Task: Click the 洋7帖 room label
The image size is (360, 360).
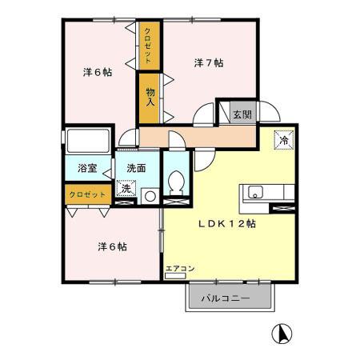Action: point(209,62)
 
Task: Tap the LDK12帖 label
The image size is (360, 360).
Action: point(228,225)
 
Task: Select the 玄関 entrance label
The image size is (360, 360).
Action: point(242,114)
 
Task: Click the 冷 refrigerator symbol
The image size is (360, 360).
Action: point(282,139)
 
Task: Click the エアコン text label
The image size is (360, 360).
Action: point(180,267)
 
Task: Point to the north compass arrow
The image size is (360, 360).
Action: point(282,331)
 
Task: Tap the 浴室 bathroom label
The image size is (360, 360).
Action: point(87,169)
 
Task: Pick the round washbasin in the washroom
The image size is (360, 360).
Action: point(149,194)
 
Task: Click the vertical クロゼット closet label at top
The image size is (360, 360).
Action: point(150,46)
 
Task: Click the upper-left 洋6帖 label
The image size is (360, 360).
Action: point(97,71)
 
